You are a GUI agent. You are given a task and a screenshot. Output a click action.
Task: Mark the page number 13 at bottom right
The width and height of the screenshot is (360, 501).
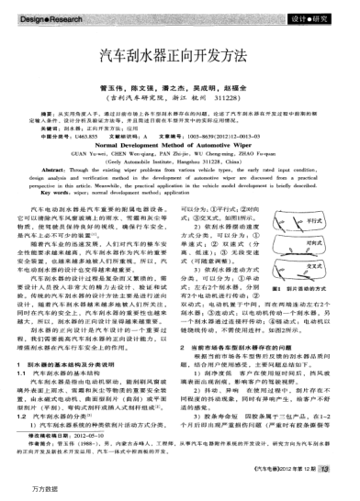(x=346, y=470)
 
